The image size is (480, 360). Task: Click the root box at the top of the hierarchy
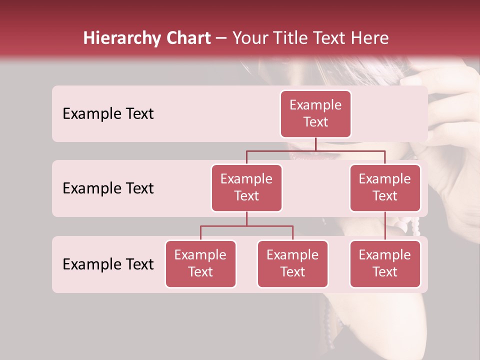(x=315, y=113)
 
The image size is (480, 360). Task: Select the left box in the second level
(x=246, y=187)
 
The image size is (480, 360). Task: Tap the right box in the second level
(x=385, y=187)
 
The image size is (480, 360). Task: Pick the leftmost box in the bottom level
(x=200, y=263)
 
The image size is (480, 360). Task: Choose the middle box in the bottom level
(x=292, y=263)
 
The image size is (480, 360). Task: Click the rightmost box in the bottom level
(x=385, y=263)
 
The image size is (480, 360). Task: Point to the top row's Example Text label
(x=108, y=113)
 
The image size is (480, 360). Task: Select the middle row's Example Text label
(x=108, y=188)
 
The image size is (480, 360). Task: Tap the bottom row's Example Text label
(x=108, y=264)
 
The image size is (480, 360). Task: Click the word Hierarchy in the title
(x=119, y=38)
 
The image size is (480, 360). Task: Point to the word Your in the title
(x=252, y=38)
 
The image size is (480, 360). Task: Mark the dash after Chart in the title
(x=221, y=38)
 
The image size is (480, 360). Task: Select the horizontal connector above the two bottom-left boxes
(x=246, y=226)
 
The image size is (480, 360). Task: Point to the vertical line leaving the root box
(x=315, y=144)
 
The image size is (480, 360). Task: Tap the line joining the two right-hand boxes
(x=385, y=226)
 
